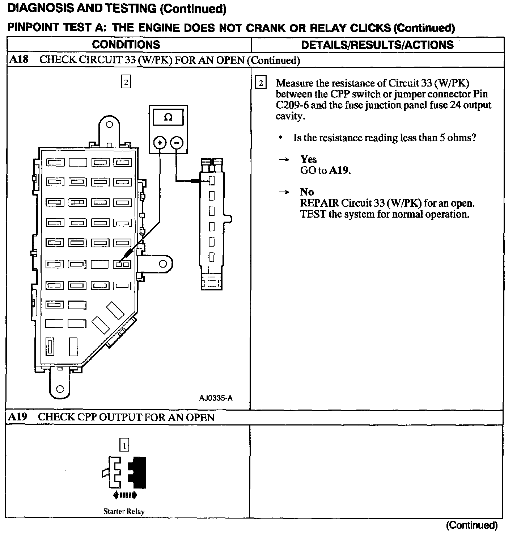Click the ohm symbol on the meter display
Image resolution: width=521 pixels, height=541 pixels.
click(x=168, y=118)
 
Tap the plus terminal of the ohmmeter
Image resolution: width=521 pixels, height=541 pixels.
click(x=160, y=143)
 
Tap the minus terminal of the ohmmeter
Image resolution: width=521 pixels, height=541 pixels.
click(x=176, y=143)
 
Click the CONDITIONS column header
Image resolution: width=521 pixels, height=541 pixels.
click(x=126, y=45)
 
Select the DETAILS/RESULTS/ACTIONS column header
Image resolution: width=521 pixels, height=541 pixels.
click(x=377, y=45)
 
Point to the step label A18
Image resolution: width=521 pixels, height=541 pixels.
click(x=19, y=59)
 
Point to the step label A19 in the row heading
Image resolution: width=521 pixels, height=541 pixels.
click(x=18, y=417)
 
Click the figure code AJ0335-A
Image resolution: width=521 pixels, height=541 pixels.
click(x=216, y=398)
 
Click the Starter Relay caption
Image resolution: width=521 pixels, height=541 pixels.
click(x=124, y=511)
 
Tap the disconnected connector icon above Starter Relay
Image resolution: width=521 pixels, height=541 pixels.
click(x=124, y=472)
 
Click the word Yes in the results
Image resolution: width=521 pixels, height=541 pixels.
click(x=308, y=159)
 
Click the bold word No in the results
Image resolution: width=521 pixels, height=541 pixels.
click(x=307, y=192)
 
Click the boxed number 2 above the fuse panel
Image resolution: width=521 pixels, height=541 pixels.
click(x=126, y=82)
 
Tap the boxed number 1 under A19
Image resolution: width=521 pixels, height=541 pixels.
click(x=124, y=445)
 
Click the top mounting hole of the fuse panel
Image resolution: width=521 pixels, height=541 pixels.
click(x=109, y=124)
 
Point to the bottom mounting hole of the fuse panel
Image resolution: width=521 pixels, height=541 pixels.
click(x=60, y=389)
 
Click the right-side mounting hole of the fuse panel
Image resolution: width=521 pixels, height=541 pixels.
click(x=163, y=264)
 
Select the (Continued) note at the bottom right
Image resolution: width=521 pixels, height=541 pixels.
click(x=472, y=525)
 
